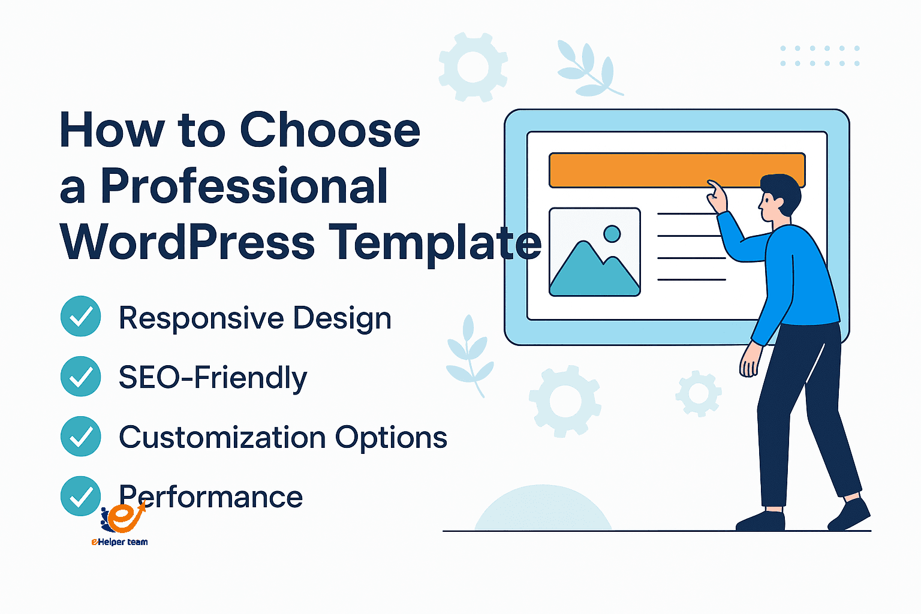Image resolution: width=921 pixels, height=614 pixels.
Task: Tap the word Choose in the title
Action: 330,130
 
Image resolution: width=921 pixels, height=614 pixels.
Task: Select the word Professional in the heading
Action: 244,186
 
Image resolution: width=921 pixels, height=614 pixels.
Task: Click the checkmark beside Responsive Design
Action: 80,316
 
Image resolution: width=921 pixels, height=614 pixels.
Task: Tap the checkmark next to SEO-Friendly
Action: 80,376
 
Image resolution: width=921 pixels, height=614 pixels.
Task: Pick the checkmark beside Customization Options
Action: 80,436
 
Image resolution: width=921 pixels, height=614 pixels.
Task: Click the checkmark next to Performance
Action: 80,495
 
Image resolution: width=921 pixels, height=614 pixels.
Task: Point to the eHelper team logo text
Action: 119,542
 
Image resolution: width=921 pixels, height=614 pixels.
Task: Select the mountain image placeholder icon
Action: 594,252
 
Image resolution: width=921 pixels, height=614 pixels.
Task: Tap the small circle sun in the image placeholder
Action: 612,233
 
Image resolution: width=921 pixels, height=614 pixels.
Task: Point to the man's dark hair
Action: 782,189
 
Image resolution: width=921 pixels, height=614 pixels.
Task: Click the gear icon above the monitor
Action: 473,67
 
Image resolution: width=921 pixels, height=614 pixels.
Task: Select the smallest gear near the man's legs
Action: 699,393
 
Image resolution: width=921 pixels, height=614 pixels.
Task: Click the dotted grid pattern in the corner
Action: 820,56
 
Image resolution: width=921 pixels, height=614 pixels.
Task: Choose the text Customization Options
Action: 282,437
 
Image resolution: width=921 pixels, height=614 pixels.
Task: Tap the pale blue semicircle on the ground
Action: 543,510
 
